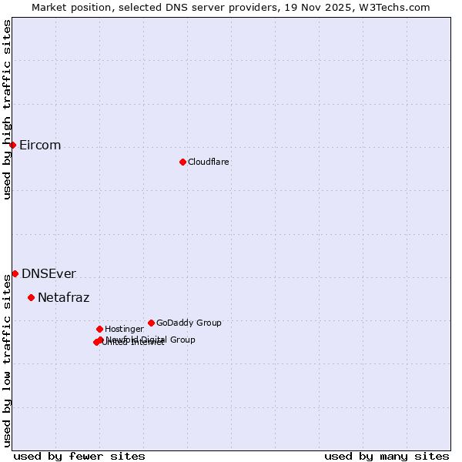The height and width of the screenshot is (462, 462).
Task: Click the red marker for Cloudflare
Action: click(182, 162)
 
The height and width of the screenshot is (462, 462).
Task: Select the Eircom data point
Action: click(12, 145)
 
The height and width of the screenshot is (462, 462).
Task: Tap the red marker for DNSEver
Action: click(15, 273)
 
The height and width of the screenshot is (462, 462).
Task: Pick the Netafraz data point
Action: click(31, 297)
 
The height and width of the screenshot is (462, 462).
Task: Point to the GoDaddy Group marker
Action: click(151, 323)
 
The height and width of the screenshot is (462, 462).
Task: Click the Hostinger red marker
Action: click(99, 329)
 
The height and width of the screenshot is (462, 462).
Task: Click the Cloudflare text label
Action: click(209, 162)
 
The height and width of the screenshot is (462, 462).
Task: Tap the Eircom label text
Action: click(40, 146)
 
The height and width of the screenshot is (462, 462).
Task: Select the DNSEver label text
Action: click(49, 274)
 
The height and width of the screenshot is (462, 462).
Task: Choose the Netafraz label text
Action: click(64, 298)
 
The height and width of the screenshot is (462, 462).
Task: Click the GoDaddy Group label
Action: click(189, 323)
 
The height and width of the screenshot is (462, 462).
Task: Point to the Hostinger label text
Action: click(124, 329)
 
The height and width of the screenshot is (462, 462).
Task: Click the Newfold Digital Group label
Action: click(151, 339)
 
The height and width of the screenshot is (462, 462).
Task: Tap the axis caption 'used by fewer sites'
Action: click(79, 456)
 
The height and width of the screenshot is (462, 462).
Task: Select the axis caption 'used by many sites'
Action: click(387, 456)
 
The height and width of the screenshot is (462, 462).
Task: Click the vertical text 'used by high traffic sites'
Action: click(7, 110)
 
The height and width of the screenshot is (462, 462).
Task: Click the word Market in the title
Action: click(49, 7)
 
